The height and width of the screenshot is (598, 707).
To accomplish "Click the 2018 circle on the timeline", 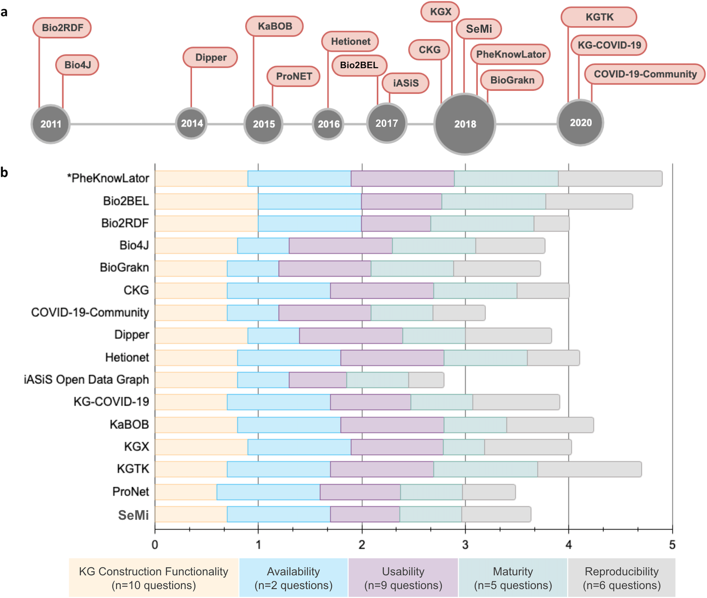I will [x=465, y=124].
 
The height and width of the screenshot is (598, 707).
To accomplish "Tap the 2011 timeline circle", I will [x=51, y=124].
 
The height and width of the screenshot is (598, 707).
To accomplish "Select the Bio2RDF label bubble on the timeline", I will [x=62, y=28].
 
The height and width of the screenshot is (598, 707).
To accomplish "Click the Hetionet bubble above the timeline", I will [x=350, y=42].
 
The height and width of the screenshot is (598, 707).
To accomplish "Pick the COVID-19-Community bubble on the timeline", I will [x=645, y=74].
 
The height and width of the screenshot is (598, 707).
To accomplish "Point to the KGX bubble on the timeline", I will [x=440, y=12].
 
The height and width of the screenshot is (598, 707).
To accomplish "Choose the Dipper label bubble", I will [x=210, y=57].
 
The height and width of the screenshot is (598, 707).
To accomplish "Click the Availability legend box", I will [x=294, y=578].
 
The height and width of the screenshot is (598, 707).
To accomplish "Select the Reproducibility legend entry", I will [x=621, y=578].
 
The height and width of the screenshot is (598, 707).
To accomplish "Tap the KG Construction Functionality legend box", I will [x=154, y=578].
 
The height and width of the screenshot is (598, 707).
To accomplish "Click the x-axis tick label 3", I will [x=465, y=544].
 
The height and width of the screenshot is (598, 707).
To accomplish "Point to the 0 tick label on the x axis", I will [x=155, y=544].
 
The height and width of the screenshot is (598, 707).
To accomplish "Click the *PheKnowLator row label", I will [x=108, y=178].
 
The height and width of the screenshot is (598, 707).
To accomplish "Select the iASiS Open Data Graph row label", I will [x=87, y=380].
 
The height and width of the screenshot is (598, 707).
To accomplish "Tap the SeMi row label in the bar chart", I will [x=133, y=515].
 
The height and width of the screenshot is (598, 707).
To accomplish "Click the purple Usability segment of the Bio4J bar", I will [x=341, y=246].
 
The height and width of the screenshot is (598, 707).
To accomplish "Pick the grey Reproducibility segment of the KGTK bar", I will [x=590, y=469].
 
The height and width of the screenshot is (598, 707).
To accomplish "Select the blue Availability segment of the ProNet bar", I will [x=268, y=492].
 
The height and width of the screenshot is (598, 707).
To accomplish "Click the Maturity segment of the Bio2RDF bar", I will [x=482, y=223].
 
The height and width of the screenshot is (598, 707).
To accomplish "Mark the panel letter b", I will [x=4, y=173].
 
